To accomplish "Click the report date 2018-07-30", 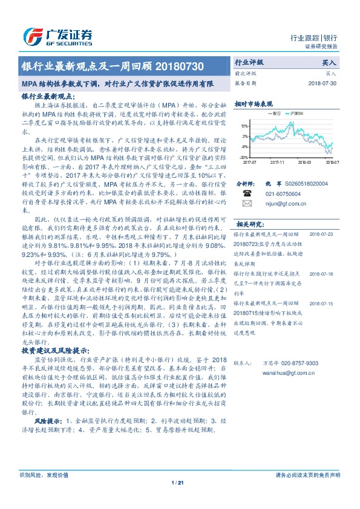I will tap(322, 83).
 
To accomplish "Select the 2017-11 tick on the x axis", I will tap(278, 162).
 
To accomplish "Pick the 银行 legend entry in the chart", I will tap(278, 113).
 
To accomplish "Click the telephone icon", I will tap(247, 193).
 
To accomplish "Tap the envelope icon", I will tap(247, 204).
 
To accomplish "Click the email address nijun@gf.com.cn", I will tap(280, 204).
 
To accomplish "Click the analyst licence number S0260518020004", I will tap(306, 183).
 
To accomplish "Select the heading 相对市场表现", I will tap(254, 104).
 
